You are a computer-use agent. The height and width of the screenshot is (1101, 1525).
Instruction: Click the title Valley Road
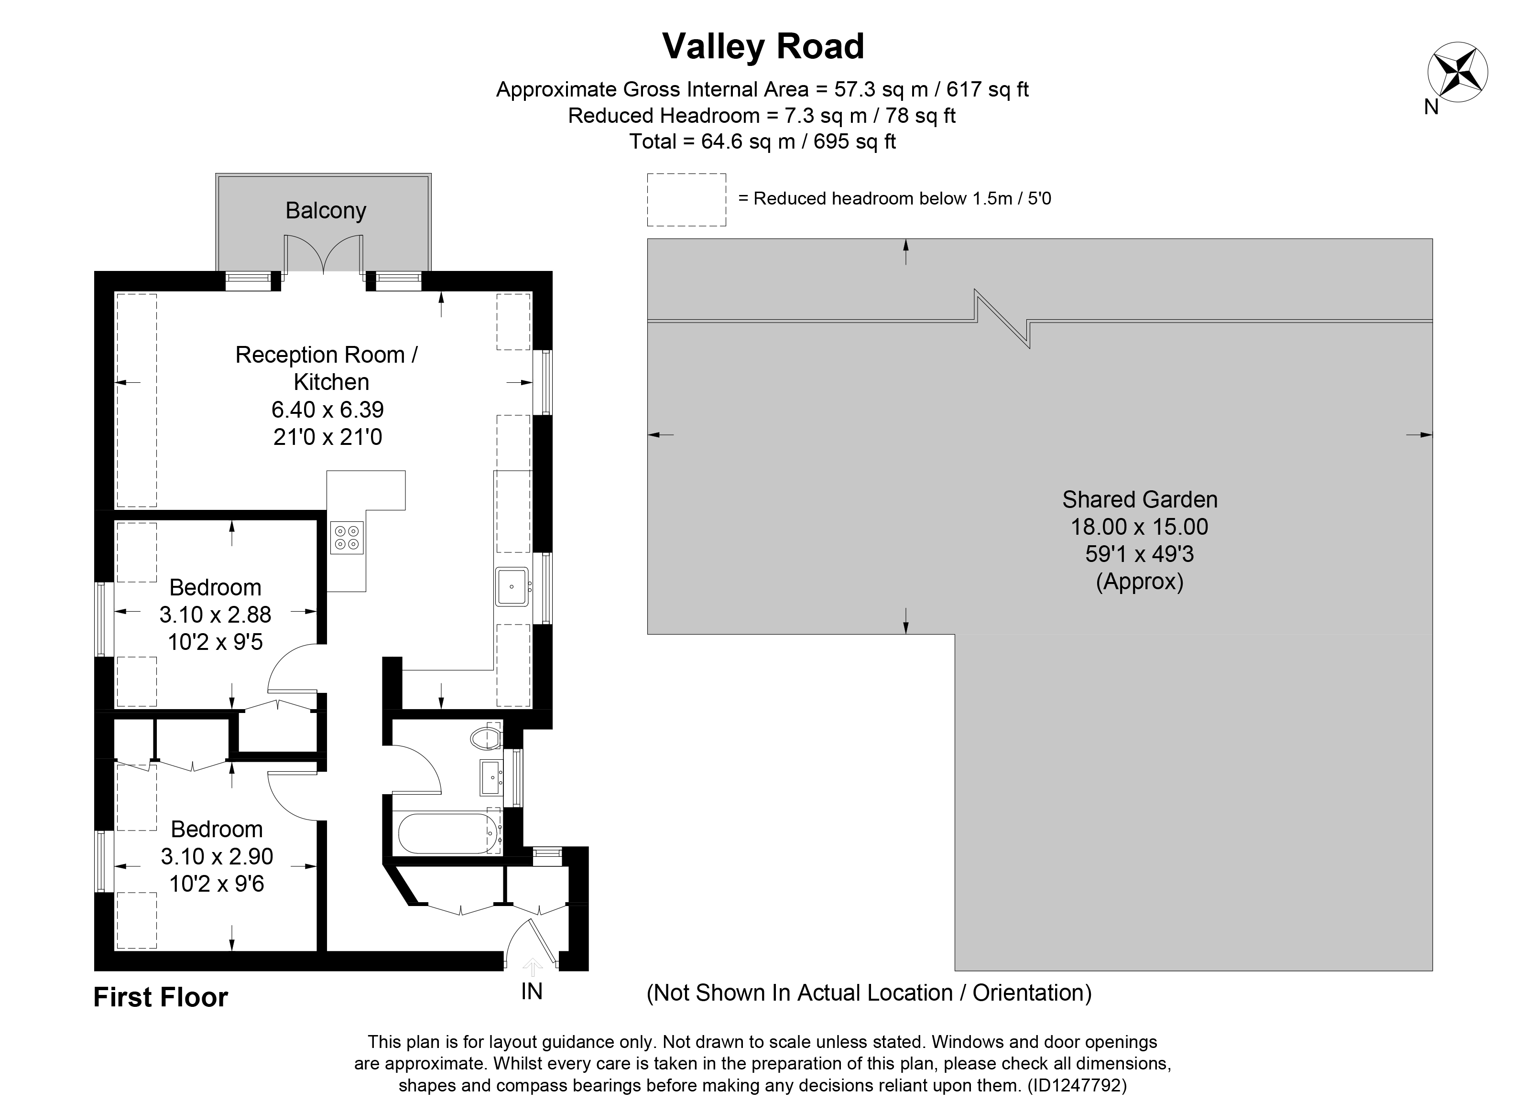(762, 46)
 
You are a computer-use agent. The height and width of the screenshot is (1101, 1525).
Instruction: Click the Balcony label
(326, 210)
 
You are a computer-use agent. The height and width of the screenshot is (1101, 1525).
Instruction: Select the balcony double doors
(324, 256)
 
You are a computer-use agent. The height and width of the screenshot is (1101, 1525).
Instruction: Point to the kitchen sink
(512, 587)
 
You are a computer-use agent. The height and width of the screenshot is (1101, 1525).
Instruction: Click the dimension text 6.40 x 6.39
(327, 410)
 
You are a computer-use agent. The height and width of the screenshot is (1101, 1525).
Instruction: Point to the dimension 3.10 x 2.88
(215, 615)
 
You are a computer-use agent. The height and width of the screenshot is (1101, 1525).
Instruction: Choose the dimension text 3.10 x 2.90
(217, 856)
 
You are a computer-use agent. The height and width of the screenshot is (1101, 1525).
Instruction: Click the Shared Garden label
(1139, 499)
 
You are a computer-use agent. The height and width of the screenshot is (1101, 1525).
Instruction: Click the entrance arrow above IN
(532, 967)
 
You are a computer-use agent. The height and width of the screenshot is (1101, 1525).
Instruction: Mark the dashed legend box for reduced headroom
(686, 200)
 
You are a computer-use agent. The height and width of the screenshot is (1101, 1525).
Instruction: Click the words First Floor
(161, 997)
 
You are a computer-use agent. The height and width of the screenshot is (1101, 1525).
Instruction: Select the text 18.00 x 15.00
(1139, 527)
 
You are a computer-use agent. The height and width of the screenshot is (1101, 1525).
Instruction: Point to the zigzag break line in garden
(1002, 319)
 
